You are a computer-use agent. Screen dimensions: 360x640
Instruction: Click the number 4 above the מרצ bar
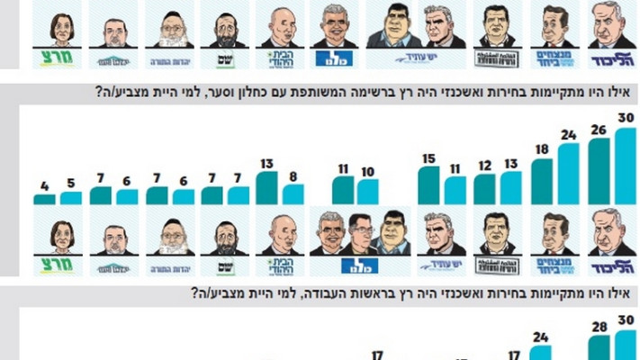pos(44,186)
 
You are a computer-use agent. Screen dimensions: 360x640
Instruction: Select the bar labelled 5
pos(71,198)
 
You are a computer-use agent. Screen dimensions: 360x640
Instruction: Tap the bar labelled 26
pos(599,171)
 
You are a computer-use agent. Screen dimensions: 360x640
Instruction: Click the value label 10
pos(367,171)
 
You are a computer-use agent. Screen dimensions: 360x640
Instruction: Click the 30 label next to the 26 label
pos(626,119)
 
